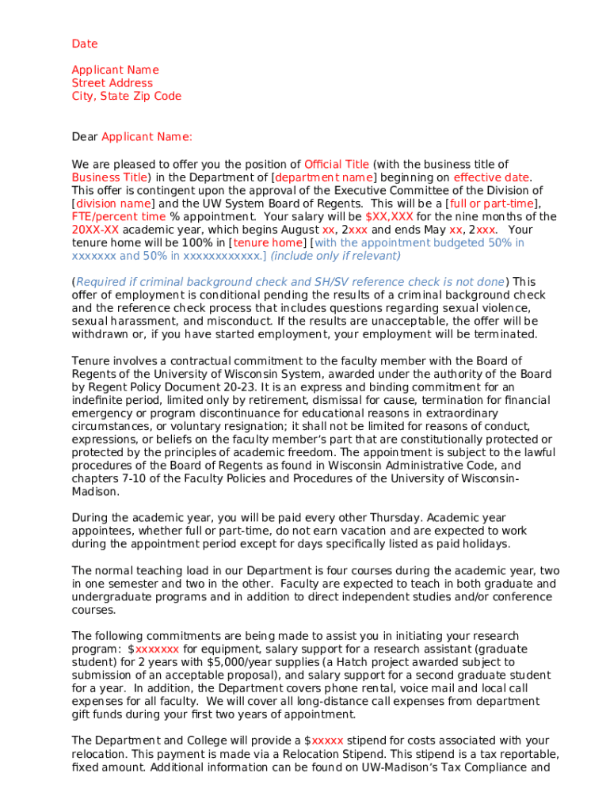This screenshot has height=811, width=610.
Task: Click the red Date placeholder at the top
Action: [x=85, y=44]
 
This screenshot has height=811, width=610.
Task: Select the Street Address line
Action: [x=112, y=83]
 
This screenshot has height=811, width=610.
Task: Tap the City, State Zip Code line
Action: [x=127, y=97]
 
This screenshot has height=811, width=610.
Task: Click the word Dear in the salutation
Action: [x=85, y=137]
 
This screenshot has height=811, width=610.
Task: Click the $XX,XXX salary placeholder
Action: [x=389, y=216]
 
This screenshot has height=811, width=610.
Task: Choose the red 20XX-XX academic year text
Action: [x=97, y=230]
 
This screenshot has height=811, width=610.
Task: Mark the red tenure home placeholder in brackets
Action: [x=268, y=243]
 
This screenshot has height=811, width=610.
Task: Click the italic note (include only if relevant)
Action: [x=336, y=256]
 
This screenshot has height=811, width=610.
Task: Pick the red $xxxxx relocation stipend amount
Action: [x=324, y=741]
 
